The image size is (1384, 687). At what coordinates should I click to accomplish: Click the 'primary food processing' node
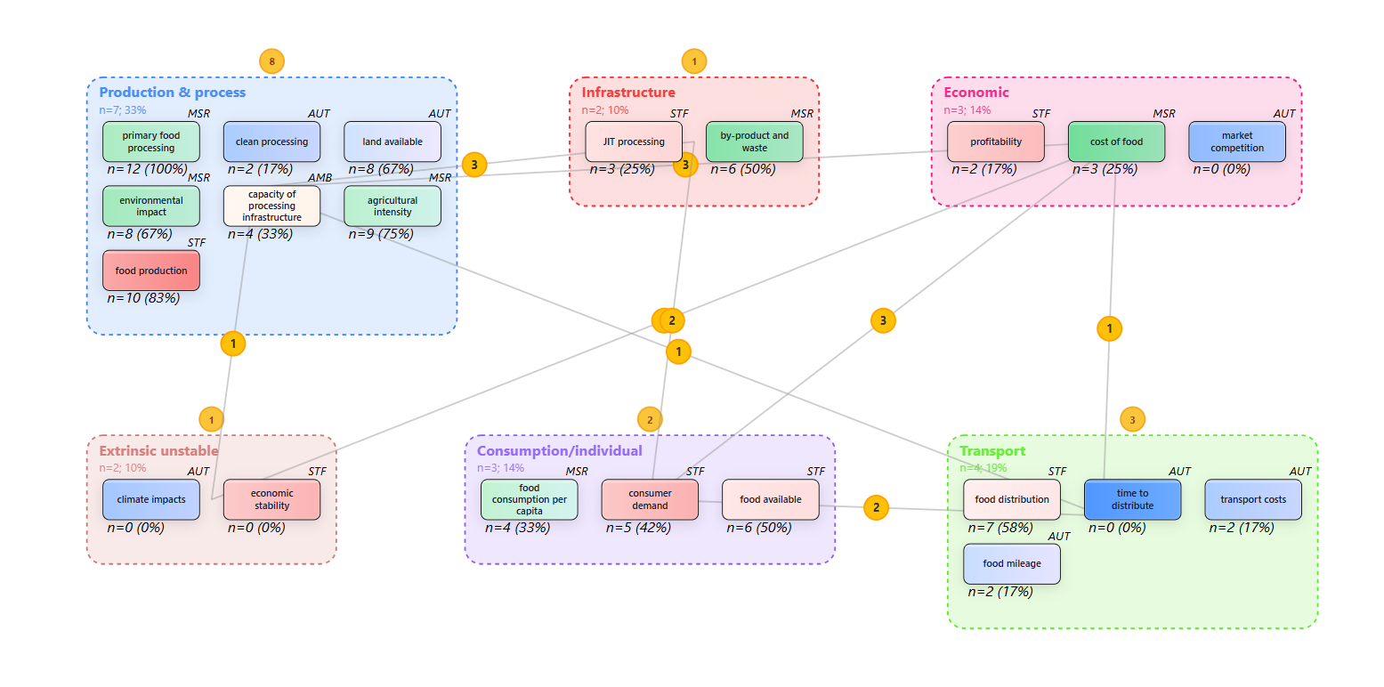point(151,141)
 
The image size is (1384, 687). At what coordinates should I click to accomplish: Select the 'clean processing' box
point(271,141)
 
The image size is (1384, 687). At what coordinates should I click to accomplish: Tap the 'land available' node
point(393,141)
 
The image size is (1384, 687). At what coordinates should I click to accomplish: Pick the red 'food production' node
point(151,271)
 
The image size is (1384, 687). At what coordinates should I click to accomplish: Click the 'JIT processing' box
point(634,141)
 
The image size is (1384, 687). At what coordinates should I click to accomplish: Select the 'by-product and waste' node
point(754,141)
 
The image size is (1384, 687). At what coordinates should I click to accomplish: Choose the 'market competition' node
point(1237,141)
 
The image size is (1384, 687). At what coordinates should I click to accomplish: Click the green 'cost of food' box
point(1116,141)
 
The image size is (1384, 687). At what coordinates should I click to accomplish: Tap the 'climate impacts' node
point(151,499)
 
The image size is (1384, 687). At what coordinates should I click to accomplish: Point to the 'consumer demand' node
point(650,499)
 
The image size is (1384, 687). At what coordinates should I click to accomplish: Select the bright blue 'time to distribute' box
point(1132,499)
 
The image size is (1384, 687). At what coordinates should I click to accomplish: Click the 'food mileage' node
point(1012,563)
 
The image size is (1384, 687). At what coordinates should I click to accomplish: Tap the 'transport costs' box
point(1253,499)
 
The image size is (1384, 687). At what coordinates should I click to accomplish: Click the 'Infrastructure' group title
point(628,93)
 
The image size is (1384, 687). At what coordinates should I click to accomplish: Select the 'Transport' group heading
point(992,451)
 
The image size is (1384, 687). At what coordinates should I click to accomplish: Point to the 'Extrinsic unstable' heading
point(158,451)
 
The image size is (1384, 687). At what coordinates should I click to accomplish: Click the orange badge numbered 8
point(271,61)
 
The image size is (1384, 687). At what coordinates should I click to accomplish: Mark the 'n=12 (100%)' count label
point(147,169)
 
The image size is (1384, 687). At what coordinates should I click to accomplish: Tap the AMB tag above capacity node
point(320,178)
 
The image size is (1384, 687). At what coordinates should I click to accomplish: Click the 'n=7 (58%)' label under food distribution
point(1000,528)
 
